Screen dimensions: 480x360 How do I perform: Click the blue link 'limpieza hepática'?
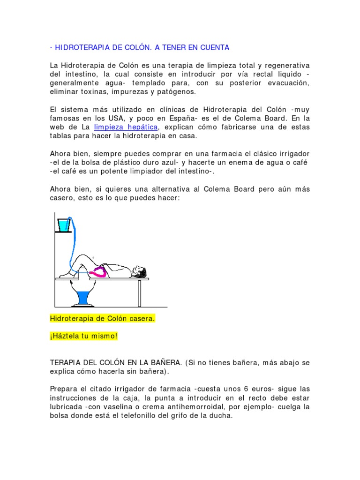pos(126,127)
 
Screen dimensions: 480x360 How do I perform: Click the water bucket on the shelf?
pos(63,225)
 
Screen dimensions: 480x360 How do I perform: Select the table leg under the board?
pos(139,293)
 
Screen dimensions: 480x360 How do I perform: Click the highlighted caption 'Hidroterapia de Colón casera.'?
pos(102,319)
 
